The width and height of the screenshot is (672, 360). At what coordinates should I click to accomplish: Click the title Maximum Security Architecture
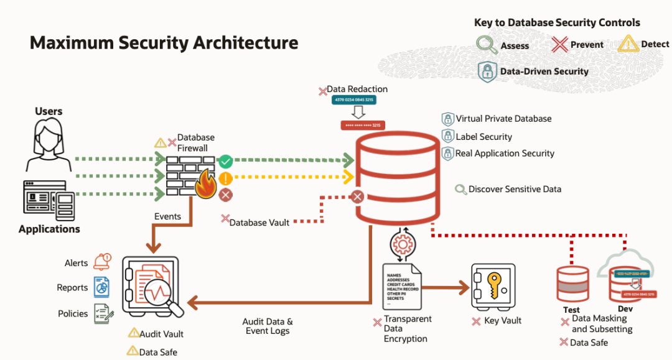164,43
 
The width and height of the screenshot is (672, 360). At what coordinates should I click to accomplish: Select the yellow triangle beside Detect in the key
628,44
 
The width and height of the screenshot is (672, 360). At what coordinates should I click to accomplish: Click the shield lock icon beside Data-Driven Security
487,71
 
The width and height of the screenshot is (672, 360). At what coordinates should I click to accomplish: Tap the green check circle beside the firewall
226,162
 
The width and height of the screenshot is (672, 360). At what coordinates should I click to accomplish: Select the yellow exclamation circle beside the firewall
226,178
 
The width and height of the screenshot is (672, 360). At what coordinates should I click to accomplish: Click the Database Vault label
259,222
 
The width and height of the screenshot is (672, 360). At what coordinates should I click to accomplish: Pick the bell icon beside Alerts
102,261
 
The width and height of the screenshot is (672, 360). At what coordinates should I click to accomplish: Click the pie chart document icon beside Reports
101,287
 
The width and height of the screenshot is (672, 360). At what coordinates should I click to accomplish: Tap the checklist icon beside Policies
102,313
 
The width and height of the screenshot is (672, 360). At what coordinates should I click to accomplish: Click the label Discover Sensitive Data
515,189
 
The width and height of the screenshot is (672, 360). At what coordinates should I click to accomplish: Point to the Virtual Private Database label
503,119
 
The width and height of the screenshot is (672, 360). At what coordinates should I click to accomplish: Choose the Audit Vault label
161,334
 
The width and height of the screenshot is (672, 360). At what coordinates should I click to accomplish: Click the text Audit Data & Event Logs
268,326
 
